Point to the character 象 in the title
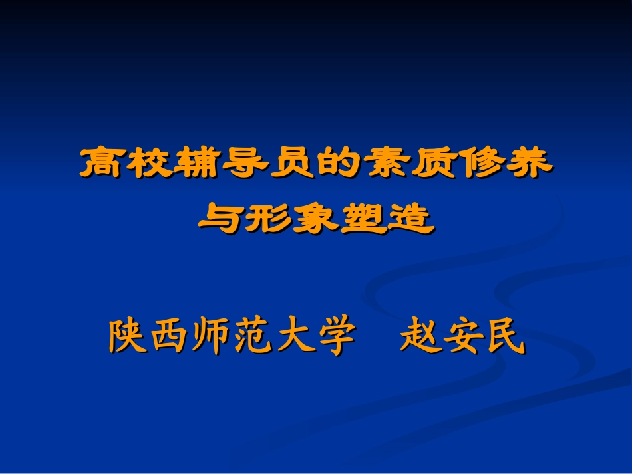click(316, 219)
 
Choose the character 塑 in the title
click(364, 219)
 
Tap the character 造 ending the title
click(412, 219)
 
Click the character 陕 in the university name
click(128, 337)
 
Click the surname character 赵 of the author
click(420, 337)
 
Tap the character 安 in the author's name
click(462, 337)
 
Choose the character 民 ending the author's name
click(504, 337)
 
